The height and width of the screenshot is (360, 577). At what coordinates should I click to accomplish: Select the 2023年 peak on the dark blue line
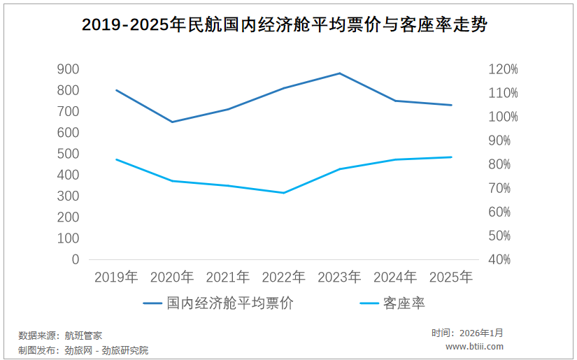(x=340, y=73)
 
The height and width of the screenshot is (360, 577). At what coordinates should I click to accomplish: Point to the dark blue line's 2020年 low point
(x=172, y=122)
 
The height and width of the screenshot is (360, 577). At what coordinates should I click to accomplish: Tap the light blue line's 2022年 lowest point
(x=284, y=193)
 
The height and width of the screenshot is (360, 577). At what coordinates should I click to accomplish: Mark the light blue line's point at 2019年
(x=116, y=159)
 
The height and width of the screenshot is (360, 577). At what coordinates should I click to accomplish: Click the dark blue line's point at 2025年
(x=451, y=105)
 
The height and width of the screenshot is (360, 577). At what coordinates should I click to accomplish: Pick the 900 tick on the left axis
(x=68, y=69)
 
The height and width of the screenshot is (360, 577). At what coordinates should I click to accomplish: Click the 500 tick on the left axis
(x=68, y=154)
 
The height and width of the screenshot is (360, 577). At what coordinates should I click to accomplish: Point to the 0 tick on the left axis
(x=75, y=259)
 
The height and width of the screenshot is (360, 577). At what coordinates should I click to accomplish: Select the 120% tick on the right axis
(x=503, y=69)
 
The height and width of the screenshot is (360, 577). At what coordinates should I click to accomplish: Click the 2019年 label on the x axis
(x=116, y=278)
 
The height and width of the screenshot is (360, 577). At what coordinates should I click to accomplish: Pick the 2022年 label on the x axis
(x=284, y=278)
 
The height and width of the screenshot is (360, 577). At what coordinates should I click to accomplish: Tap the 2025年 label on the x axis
(x=451, y=278)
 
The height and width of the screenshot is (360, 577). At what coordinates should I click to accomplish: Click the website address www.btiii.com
(x=474, y=347)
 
